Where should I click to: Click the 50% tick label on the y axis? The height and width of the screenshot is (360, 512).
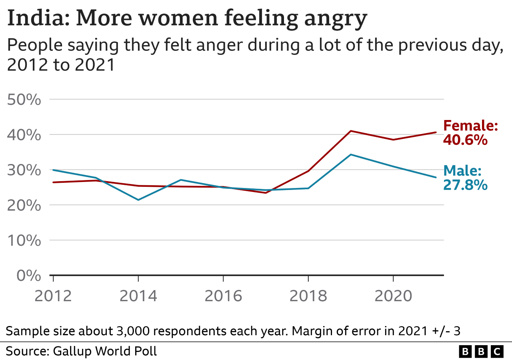pos(24,100)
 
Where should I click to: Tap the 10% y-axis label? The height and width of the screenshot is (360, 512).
pos(24,240)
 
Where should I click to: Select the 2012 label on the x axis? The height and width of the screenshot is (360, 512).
pos(53,296)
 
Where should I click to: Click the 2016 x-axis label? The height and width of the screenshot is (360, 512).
pos(223,296)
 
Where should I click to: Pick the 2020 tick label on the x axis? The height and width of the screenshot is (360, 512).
pos(393,296)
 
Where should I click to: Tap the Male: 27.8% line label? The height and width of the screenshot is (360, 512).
pos(465,178)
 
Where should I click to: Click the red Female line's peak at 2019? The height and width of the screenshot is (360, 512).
pos(351,131)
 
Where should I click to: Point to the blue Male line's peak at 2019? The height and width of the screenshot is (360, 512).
pos(351,154)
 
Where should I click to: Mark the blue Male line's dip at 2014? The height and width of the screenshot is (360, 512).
pos(138,200)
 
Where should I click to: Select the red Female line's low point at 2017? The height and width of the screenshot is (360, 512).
pos(266,193)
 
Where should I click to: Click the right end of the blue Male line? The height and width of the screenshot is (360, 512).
pos(436,177)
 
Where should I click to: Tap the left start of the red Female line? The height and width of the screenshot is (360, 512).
pos(53,182)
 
